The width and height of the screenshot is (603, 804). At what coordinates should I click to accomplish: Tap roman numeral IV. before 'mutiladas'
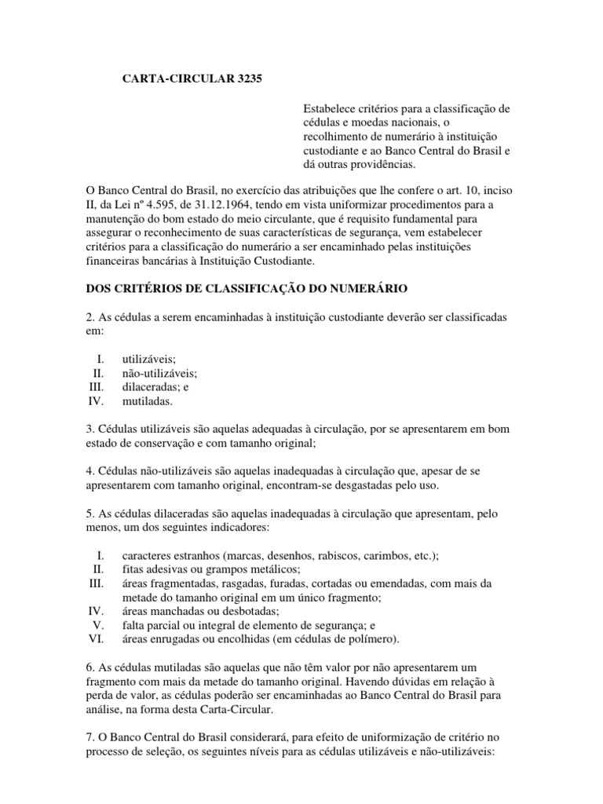tap(96, 401)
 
